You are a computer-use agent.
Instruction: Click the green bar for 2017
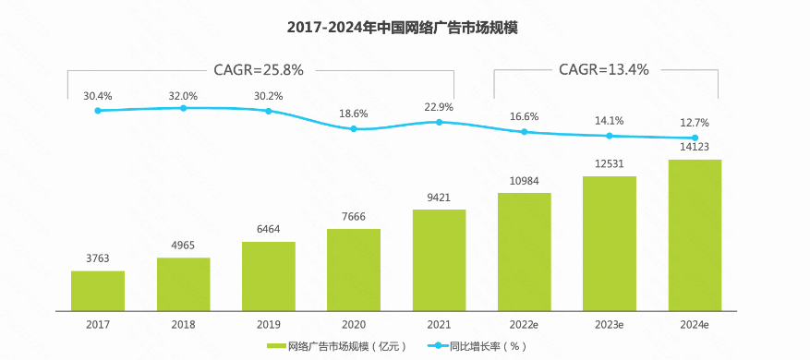tap(98, 291)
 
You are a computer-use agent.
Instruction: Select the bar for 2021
tap(439, 260)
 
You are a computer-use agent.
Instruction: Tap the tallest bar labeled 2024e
tap(694, 235)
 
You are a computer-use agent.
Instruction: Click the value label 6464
tap(269, 230)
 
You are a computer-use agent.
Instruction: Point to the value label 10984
tap(524, 181)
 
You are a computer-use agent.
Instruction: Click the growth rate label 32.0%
tap(183, 95)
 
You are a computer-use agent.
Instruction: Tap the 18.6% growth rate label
tap(354, 114)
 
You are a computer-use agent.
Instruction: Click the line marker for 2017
tap(98, 111)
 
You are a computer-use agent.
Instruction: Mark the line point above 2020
tap(354, 128)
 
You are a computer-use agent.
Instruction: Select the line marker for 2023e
tap(609, 136)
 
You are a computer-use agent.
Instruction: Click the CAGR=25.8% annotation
tap(258, 69)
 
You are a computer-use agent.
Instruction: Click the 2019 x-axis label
tap(269, 325)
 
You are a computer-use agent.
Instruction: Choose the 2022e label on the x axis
tap(524, 325)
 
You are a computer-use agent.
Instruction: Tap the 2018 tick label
tap(183, 325)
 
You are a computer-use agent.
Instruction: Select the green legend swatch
tap(276, 346)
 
